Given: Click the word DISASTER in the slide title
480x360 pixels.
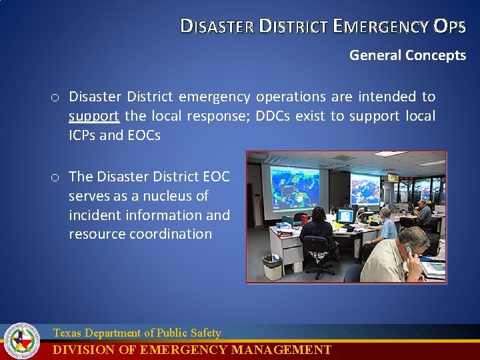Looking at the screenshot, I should (x=217, y=26).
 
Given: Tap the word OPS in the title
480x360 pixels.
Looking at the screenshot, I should (x=449, y=26).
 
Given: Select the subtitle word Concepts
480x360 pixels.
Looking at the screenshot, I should (x=435, y=55).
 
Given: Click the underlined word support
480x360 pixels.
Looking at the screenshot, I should (x=94, y=116).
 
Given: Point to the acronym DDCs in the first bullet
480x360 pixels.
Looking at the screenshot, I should (x=273, y=116).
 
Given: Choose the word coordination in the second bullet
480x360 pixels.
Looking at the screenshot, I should (x=173, y=234).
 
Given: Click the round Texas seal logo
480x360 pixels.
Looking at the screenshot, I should (x=22, y=341).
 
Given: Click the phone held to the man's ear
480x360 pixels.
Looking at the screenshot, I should (x=409, y=249).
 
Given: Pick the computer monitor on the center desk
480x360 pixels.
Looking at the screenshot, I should (x=345, y=216).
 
